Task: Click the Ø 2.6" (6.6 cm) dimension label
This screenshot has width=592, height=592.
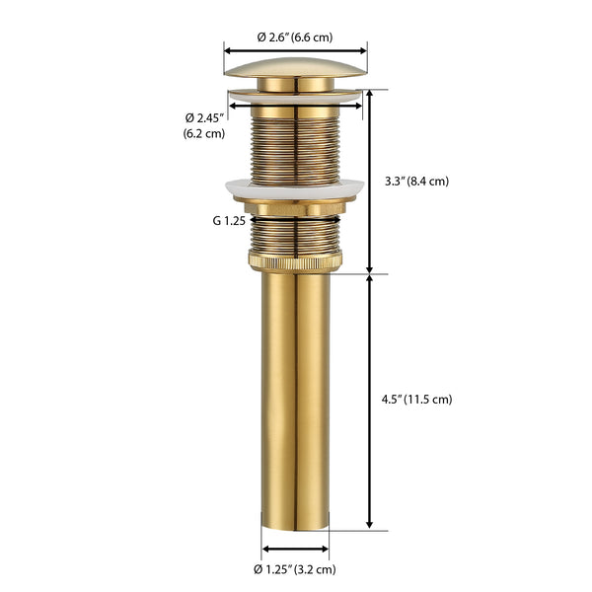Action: tap(295, 37)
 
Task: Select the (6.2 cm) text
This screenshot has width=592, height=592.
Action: tap(204, 133)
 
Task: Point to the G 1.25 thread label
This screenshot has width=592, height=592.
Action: tap(229, 221)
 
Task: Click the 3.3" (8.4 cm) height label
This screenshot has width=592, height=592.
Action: tap(416, 181)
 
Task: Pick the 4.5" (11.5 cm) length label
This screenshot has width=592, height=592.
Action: tap(417, 400)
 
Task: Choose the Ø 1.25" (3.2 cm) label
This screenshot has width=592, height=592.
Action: tap(295, 569)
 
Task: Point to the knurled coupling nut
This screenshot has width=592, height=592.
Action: tap(296, 261)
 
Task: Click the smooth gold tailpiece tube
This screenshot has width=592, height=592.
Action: tap(296, 395)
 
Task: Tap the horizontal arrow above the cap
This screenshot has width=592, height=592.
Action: tap(296, 49)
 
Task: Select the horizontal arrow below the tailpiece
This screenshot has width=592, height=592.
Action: tap(296, 549)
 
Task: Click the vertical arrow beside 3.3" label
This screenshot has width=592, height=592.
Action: tap(370, 182)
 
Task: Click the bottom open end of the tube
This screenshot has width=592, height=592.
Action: tap(296, 523)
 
